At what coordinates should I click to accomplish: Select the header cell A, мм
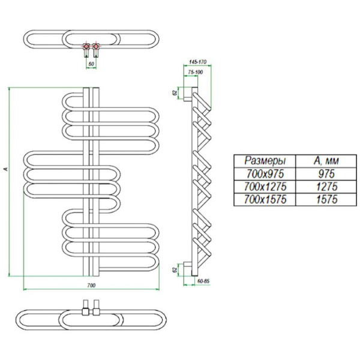coord(323,161)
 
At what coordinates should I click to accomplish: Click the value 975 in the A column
coord(323,174)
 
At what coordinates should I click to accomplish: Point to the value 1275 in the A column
coord(323,187)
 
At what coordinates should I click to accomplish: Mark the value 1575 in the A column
coord(323,200)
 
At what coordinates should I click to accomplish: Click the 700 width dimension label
coord(92,284)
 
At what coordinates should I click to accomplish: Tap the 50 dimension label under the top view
coord(91,62)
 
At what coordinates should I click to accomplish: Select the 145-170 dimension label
coord(197,62)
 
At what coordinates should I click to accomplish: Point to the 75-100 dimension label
coord(195,73)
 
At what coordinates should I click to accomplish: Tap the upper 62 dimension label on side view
coord(175,93)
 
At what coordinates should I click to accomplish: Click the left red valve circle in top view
coord(86,45)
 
